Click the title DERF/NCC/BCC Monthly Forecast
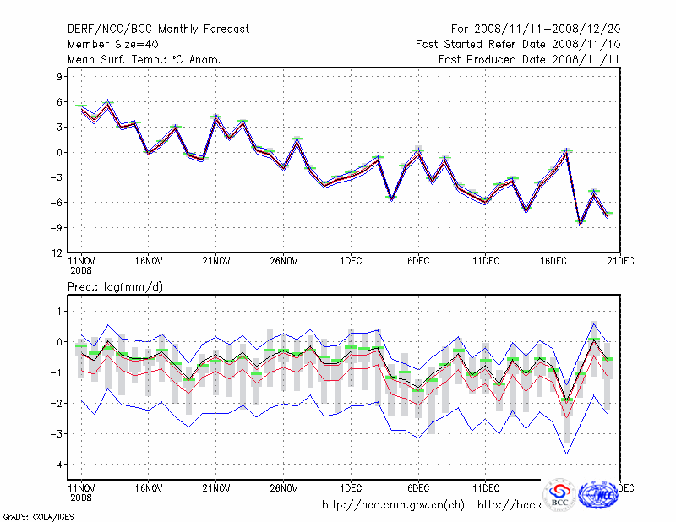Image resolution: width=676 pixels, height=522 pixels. (x=158, y=29)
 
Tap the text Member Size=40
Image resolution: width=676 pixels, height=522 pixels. (x=112, y=44)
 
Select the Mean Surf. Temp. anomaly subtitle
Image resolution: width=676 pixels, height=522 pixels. (x=144, y=59)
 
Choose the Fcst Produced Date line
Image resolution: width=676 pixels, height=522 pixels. (x=530, y=59)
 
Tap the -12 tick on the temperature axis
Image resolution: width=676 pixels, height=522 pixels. (x=55, y=253)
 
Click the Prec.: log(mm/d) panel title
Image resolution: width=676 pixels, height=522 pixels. (x=115, y=287)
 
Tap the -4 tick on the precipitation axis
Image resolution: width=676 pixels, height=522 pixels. (x=57, y=465)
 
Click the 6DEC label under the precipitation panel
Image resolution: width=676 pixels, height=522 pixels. (x=418, y=488)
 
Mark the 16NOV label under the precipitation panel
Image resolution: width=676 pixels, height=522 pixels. (x=148, y=488)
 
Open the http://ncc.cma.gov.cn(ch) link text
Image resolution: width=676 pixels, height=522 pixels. (x=393, y=505)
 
